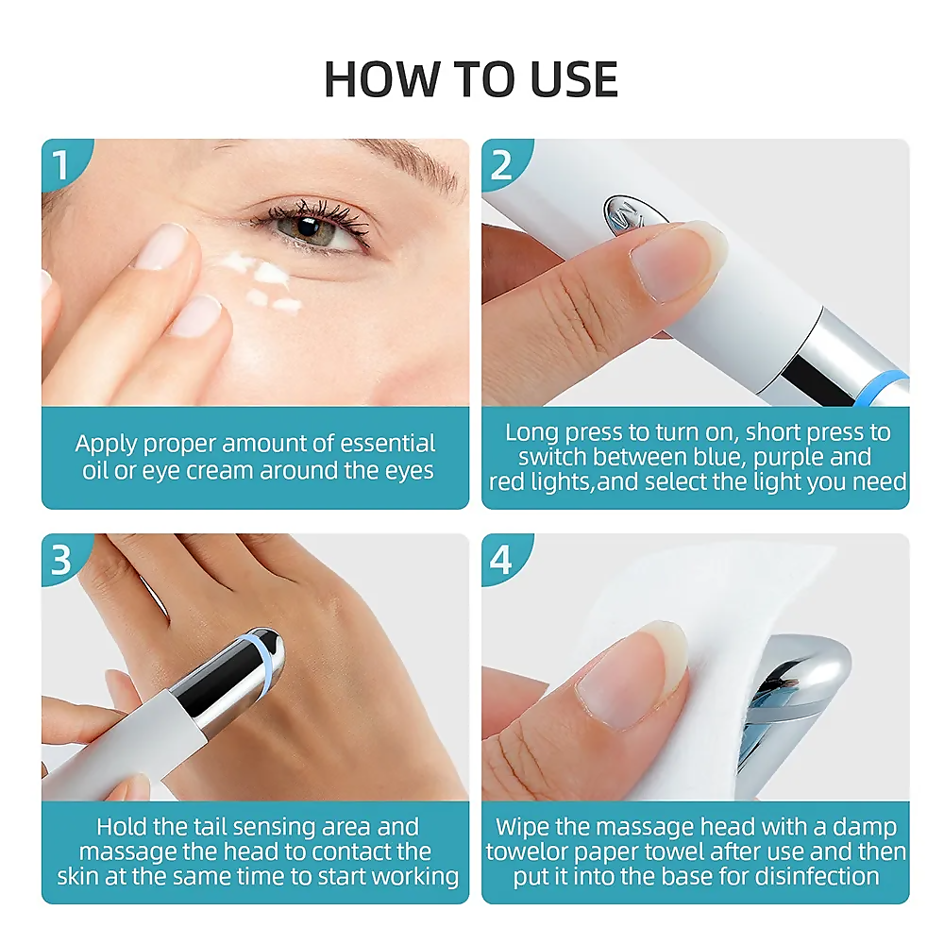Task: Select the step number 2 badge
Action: [501, 165]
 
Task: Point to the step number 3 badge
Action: [61, 560]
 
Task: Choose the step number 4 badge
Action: [501, 560]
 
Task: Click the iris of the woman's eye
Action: [307, 228]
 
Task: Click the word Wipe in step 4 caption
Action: [524, 828]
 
